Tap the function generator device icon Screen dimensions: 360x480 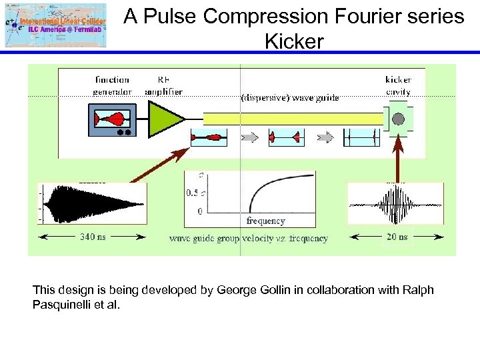point(111,120)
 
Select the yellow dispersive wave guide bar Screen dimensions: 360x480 point(293,119)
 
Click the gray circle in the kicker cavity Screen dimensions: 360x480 point(398,119)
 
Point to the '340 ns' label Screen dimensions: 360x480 point(92,236)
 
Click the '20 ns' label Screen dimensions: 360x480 point(398,237)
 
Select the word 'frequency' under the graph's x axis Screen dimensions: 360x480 point(266,221)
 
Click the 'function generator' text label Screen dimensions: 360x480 point(112,85)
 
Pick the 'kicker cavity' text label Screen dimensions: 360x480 point(399,85)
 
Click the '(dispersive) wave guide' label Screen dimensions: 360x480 point(289,97)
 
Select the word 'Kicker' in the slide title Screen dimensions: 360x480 point(294,41)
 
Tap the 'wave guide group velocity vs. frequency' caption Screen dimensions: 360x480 point(248,238)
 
